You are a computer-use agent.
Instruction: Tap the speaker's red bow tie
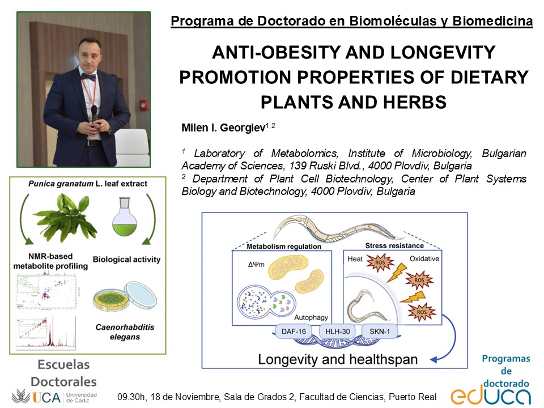(x=88, y=75)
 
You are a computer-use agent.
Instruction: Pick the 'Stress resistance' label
(x=394, y=245)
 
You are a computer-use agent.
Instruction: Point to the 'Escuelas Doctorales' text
(x=63, y=373)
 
